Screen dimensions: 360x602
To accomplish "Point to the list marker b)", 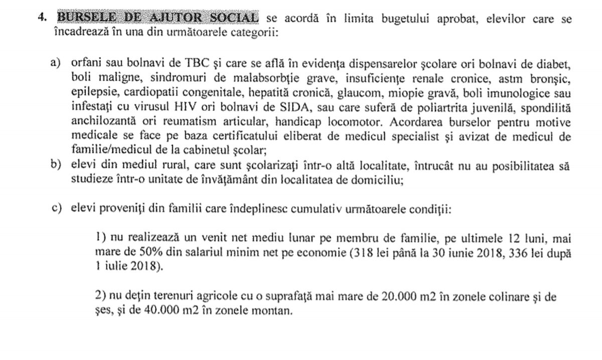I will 55,166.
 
